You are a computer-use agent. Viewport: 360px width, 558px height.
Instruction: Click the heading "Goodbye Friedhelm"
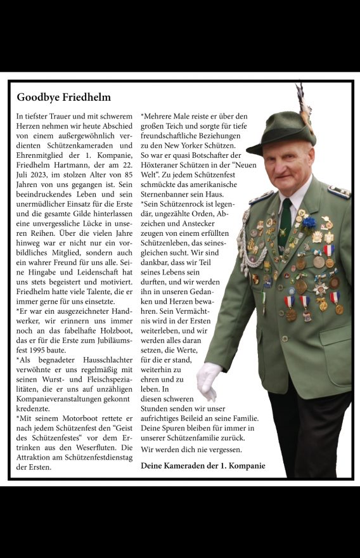coord(63,98)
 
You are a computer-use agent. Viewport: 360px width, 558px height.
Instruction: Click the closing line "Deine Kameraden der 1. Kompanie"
coord(203,466)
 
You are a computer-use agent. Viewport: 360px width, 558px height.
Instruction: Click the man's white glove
coord(209,379)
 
